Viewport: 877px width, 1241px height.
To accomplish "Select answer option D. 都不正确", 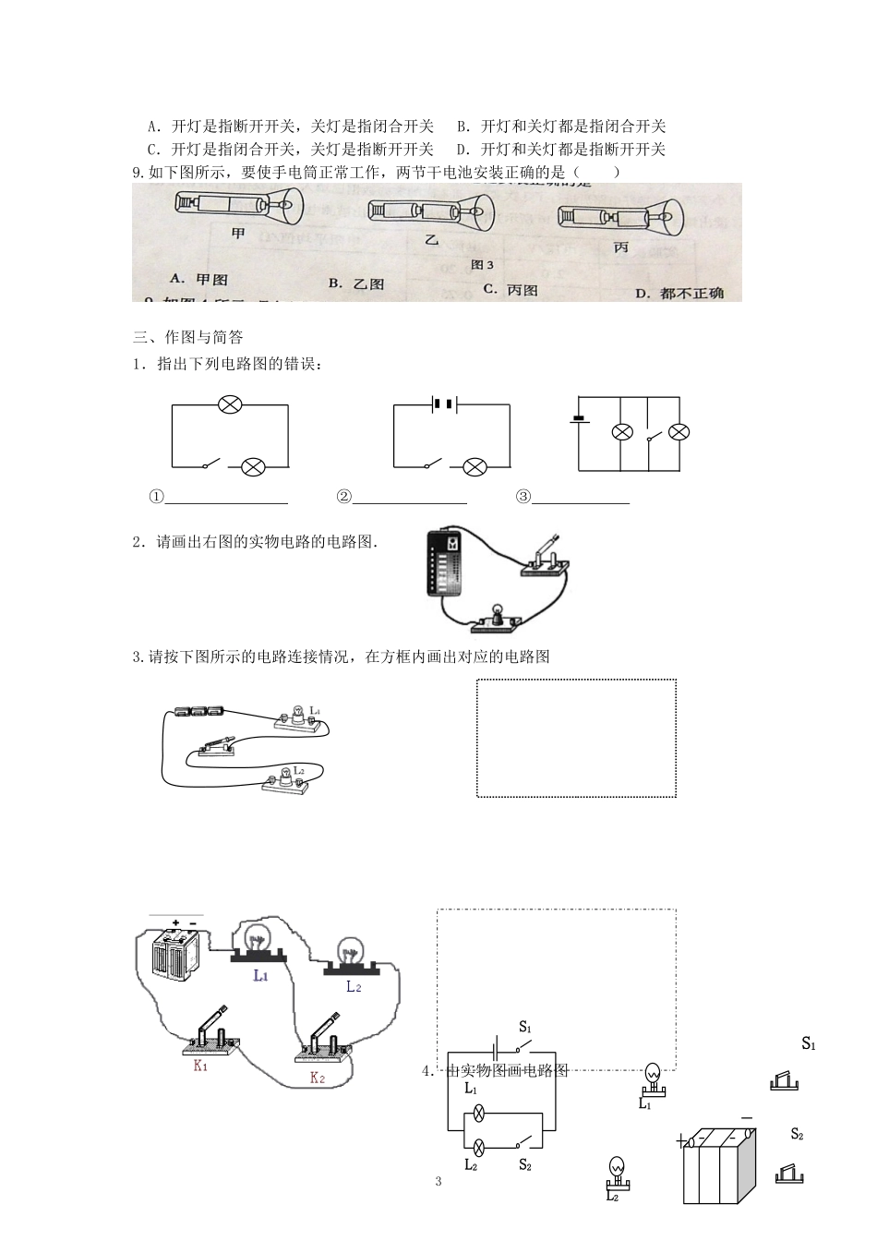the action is (679, 293).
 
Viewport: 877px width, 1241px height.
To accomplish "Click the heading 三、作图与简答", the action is (188, 337).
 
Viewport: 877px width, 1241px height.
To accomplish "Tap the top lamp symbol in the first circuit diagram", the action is (229, 404).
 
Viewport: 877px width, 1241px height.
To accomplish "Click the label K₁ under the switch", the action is (200, 1066).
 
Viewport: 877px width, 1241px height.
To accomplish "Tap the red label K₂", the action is (318, 1078).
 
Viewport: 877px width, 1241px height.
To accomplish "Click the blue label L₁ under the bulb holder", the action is (260, 975).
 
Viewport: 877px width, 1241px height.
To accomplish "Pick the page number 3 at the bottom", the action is (438, 1181).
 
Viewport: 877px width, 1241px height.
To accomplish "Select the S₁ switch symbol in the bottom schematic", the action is (523, 1048).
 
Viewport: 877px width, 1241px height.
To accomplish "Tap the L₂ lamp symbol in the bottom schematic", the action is (479, 1148).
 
